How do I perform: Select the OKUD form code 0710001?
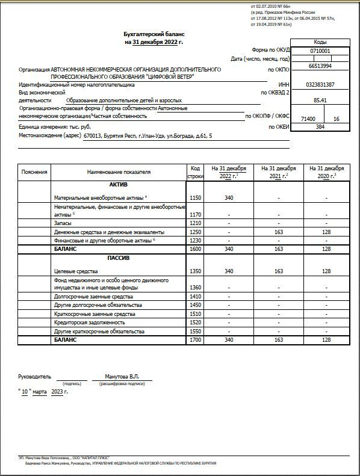(320, 51)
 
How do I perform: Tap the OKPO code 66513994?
(320, 66)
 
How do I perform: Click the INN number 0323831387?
(320, 85)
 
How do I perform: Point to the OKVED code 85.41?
(320, 100)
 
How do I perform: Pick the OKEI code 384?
(320, 127)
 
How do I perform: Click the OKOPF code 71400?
(308, 119)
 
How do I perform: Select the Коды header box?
(320, 43)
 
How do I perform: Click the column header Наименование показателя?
(119, 172)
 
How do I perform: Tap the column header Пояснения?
(34, 172)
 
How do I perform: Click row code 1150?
(195, 197)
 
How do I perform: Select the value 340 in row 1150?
(229, 197)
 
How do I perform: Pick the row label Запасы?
(63, 223)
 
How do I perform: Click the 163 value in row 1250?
(278, 232)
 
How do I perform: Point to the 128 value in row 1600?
(326, 249)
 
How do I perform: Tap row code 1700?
(195, 340)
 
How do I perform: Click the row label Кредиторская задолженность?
(89, 323)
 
